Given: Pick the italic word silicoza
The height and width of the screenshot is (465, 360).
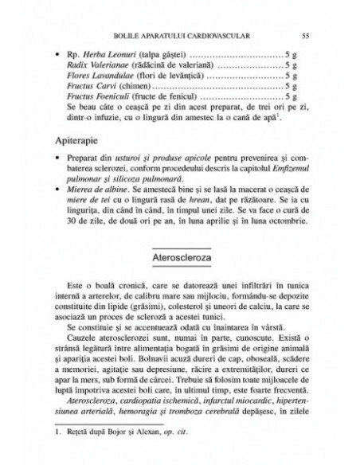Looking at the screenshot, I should [115, 179].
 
